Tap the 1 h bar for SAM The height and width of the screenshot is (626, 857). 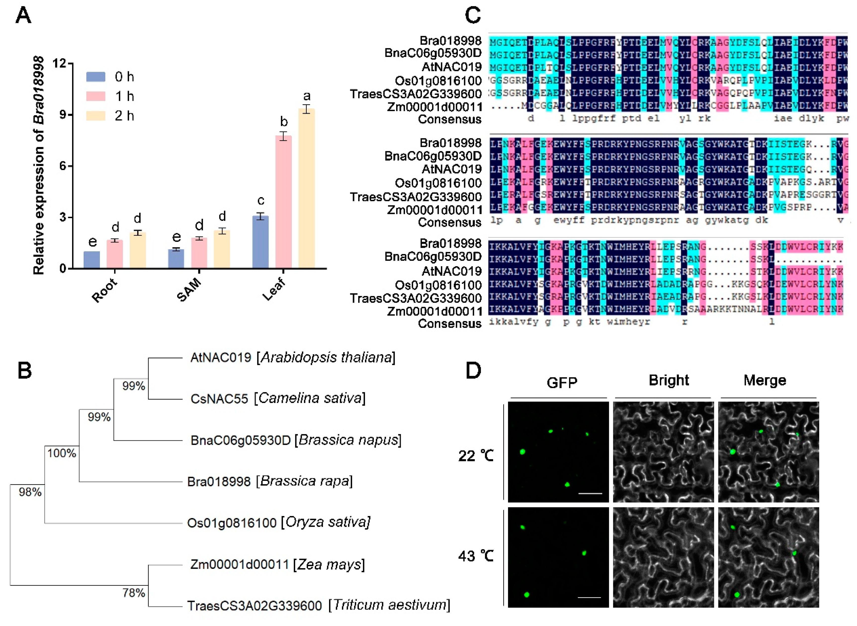coord(199,253)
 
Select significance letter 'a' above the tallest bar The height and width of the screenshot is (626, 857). coord(307,96)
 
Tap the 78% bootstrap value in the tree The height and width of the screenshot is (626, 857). coord(133,593)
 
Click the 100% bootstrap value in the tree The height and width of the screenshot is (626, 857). coord(61,453)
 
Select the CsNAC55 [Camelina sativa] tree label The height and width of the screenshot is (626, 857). coord(278,399)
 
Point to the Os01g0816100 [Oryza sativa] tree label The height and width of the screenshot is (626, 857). coord(279,522)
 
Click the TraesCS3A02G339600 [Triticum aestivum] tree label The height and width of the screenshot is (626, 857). coord(319,605)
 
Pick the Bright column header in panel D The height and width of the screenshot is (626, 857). coord(669,380)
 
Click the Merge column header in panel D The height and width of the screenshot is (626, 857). coord(765,380)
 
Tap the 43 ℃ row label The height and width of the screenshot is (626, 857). coord(476,556)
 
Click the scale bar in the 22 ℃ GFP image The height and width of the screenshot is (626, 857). coord(590,493)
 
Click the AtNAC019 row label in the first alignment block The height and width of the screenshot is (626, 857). coord(451,67)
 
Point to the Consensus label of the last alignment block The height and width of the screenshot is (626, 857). coord(449,324)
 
